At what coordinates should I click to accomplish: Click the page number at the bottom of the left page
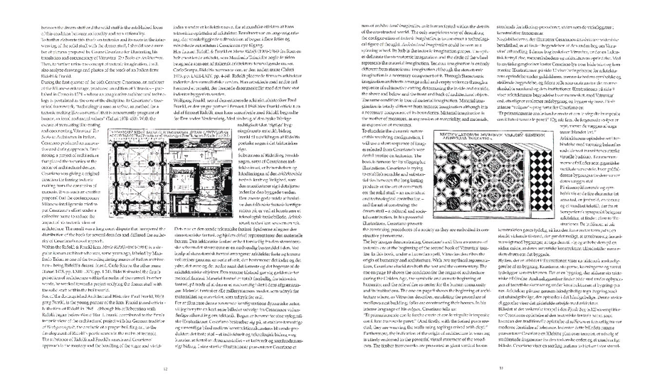pos(165,368)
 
